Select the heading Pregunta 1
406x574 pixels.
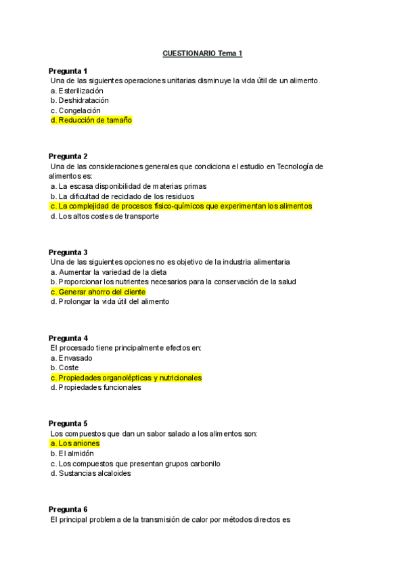coord(68,71)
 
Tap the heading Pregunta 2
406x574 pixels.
coord(68,156)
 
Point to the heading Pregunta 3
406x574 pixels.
coord(68,252)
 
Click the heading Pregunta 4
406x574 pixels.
coord(68,338)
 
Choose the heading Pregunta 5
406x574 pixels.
coord(68,423)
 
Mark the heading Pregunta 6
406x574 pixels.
coord(68,509)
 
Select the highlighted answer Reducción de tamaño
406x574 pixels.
coord(91,120)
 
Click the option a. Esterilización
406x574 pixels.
coord(77,90)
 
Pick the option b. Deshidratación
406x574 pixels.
coord(79,100)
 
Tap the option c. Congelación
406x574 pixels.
coord(75,110)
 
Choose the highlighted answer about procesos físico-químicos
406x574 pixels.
coord(181,206)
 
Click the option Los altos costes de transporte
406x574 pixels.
coord(105,216)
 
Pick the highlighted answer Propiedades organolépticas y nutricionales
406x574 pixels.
coord(126,378)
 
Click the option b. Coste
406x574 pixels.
coord(65,368)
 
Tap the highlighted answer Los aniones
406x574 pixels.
coord(75,443)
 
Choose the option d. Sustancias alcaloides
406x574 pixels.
coord(91,473)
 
